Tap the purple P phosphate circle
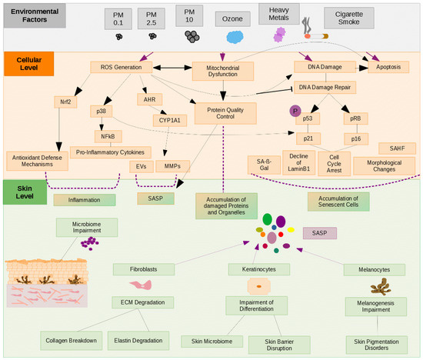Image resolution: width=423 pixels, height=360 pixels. tap(293, 111)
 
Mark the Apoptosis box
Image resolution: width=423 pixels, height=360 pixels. tap(388, 68)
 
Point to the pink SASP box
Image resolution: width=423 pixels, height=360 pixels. tap(320, 232)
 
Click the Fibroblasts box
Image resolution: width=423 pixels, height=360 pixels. tap(143, 269)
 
